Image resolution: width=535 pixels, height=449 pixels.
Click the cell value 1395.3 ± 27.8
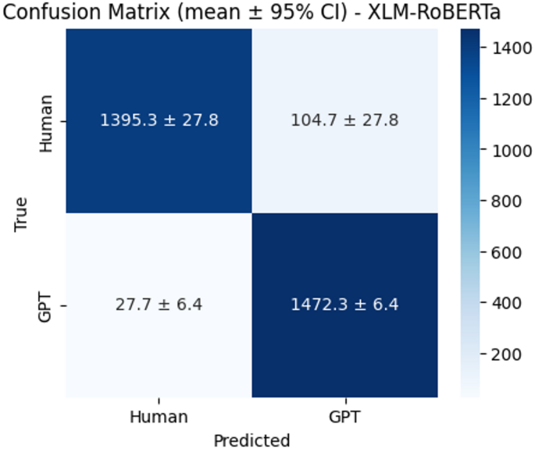(x=159, y=120)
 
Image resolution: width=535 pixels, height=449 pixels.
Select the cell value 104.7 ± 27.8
(x=344, y=120)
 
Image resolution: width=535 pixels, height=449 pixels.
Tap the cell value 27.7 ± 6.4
(x=159, y=305)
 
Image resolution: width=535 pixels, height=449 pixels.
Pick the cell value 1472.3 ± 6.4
(x=344, y=305)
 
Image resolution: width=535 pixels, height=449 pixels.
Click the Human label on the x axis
(x=159, y=416)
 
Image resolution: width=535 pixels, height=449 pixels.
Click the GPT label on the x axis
(x=344, y=416)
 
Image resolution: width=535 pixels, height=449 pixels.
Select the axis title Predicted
(x=251, y=440)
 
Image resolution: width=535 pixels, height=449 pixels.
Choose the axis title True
(x=21, y=212)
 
